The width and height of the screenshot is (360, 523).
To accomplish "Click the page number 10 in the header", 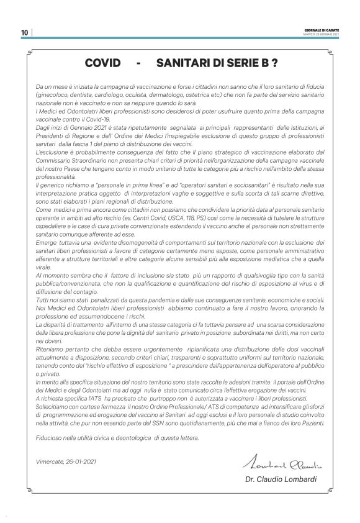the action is pyautogui.click(x=24, y=32).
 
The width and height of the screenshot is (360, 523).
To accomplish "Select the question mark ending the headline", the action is pyautogui.click(x=274, y=63).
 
